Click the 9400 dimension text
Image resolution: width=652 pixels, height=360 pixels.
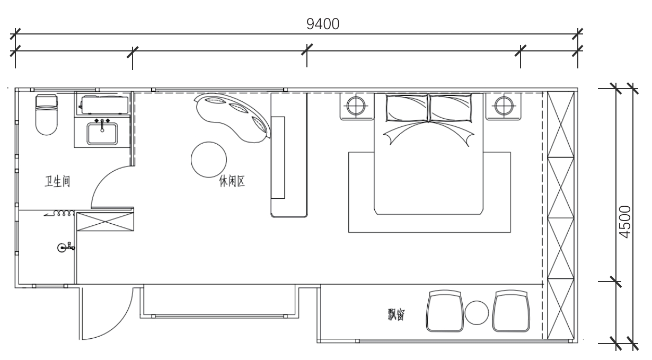pyautogui.click(x=323, y=24)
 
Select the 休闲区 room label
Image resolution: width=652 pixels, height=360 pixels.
pyautogui.click(x=232, y=182)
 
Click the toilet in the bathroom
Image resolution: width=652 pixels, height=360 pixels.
pyautogui.click(x=46, y=114)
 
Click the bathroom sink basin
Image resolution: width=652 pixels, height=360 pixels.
pyautogui.click(x=102, y=134)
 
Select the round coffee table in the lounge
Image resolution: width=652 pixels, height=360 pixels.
pyautogui.click(x=208, y=160)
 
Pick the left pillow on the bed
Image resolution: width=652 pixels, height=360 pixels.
pyautogui.click(x=407, y=108)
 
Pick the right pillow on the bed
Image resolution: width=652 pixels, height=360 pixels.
pyautogui.click(x=451, y=108)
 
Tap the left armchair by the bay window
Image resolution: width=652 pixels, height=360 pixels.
pyautogui.click(x=444, y=311)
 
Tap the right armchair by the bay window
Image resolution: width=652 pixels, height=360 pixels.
pyautogui.click(x=512, y=311)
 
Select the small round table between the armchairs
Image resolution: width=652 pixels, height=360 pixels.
pyautogui.click(x=477, y=313)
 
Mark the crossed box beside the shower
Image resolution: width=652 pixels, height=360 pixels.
pyautogui.click(x=105, y=222)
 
